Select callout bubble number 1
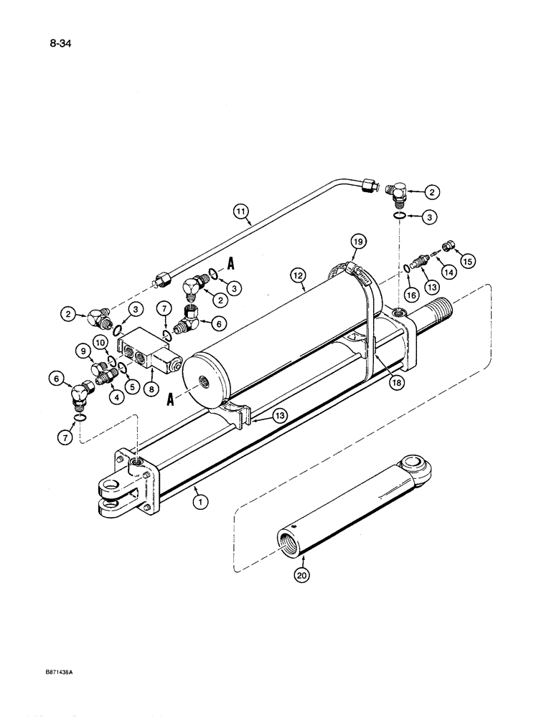coord(201,503)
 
